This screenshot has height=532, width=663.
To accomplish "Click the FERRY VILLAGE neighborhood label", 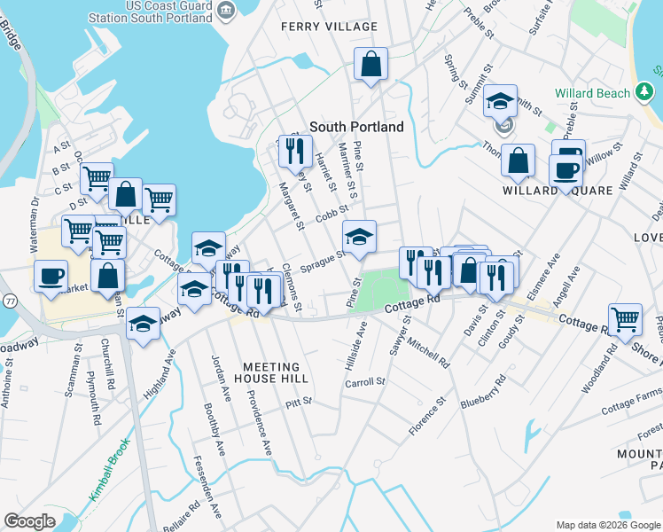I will tap(329, 27).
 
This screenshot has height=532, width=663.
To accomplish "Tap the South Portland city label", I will tap(356, 127).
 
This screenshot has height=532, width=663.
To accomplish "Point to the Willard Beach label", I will tap(592, 93).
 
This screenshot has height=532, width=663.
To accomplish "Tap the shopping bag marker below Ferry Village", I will tap(371, 65).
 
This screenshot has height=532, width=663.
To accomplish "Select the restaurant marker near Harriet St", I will tap(295, 151).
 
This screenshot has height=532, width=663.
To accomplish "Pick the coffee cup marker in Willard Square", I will tap(565, 170).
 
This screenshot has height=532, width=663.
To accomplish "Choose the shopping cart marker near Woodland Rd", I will tap(626, 320).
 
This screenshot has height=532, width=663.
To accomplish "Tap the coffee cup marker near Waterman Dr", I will tap(51, 276).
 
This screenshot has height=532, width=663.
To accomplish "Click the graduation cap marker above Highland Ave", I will tap(143, 325).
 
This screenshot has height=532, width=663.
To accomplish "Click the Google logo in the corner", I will tap(29, 521).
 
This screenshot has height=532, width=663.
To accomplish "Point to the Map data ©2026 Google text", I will tap(607, 525).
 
